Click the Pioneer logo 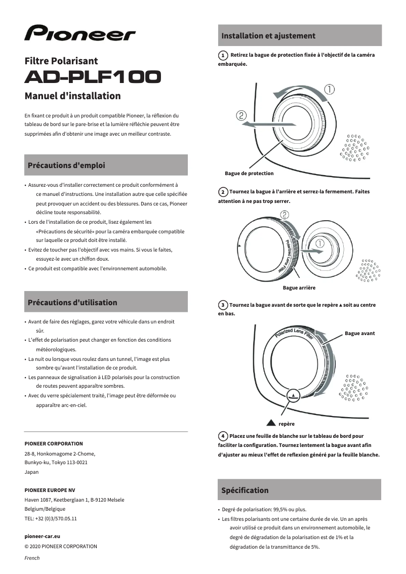point(80,33)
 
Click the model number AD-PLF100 point(93,76)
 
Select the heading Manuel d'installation point(72,96)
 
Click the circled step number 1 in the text point(223,55)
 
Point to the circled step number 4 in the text point(223,436)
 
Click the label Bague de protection point(249,174)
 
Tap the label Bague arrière point(299,288)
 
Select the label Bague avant point(360,334)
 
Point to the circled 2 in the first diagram point(241,115)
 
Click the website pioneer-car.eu point(43,536)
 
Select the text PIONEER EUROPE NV point(50,490)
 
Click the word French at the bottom point(32,558)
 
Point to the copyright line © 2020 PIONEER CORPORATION point(61,546)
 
